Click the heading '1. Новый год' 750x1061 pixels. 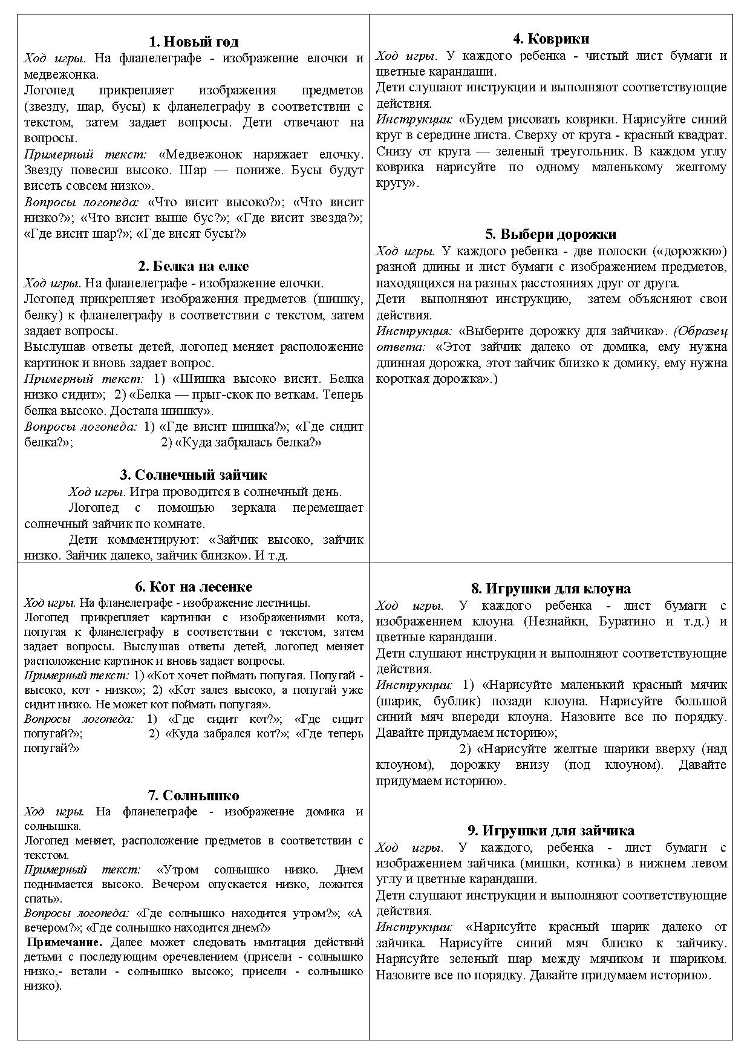(x=194, y=42)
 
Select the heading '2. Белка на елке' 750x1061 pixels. (x=194, y=267)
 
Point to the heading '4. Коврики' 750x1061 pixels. (x=551, y=39)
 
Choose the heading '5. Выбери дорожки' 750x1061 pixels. (x=551, y=234)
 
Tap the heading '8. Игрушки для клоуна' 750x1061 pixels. (x=551, y=589)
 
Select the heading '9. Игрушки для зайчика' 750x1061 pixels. (x=551, y=831)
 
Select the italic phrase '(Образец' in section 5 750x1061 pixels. (x=701, y=331)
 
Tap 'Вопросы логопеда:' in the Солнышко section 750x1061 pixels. (x=77, y=913)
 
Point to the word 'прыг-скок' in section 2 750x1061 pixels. (x=225, y=395)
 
